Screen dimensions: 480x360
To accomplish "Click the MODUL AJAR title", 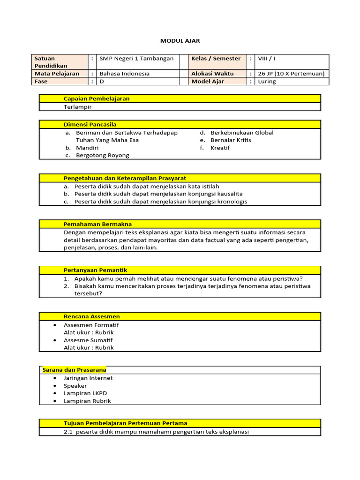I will click(x=180, y=41).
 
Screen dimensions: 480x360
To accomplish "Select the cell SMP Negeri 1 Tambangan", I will click(x=136, y=59).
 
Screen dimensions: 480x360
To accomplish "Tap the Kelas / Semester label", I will click(x=216, y=59).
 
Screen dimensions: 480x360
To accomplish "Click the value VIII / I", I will click(x=267, y=59).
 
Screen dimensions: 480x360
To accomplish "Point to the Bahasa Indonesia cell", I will click(x=124, y=74).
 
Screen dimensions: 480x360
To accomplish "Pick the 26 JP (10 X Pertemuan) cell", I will click(x=291, y=74).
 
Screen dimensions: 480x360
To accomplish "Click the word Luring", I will click(x=267, y=82).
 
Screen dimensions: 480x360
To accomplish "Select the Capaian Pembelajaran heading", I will click(x=97, y=98).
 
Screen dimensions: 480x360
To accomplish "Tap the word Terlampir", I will click(x=78, y=107).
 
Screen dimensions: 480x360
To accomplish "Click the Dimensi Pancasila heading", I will click(x=90, y=124).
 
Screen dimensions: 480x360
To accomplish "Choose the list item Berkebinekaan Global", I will click(x=242, y=133).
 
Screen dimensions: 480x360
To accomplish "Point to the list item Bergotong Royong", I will click(x=102, y=155).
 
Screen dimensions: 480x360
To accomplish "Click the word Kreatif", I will click(x=220, y=148).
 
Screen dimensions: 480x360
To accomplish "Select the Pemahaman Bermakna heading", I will click(x=97, y=224).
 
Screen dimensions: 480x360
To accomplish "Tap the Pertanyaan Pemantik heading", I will click(x=95, y=270).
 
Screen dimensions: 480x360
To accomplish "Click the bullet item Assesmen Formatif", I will click(x=91, y=325).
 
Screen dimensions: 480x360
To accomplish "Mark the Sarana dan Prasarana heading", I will click(x=74, y=370).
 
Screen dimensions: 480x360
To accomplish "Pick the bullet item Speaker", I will click(x=75, y=386).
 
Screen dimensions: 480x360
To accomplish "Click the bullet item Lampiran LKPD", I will click(x=82, y=393).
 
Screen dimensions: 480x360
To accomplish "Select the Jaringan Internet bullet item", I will click(x=88, y=378).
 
